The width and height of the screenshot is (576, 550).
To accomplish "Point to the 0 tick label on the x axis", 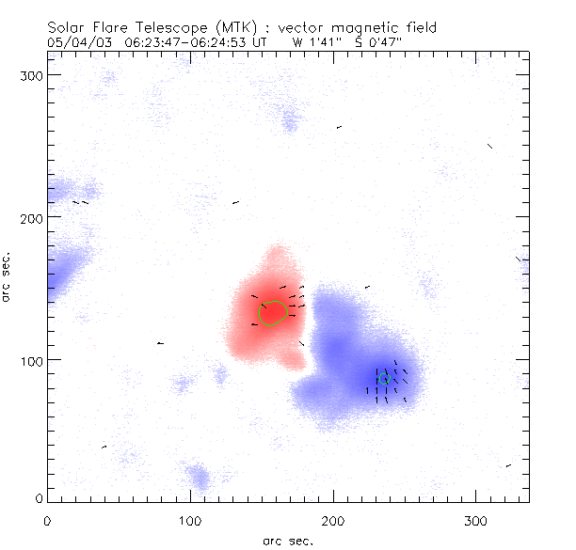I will (47, 518).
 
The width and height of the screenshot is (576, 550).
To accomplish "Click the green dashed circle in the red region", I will (272, 313).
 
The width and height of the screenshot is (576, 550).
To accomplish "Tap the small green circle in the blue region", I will (383, 378).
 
